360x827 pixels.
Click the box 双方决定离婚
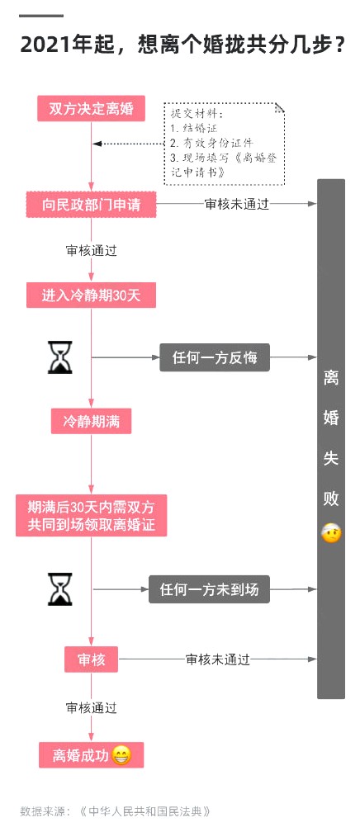[x=91, y=109]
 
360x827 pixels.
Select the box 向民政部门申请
[x=92, y=205]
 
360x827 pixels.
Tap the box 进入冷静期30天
[x=92, y=295]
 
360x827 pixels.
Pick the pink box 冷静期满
[x=92, y=422]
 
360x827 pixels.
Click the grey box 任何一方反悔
[x=215, y=357]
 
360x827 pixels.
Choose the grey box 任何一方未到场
[x=209, y=589]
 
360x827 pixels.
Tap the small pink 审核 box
[x=92, y=659]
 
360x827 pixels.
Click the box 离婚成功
[x=92, y=755]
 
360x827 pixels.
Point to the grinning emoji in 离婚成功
[x=121, y=755]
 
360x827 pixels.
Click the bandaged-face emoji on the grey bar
[x=331, y=534]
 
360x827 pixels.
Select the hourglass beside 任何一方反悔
[x=60, y=357]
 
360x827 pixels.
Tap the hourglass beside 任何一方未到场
[x=60, y=589]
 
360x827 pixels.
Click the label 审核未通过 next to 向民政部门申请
[x=236, y=204]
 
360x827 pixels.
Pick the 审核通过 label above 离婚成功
[x=92, y=707]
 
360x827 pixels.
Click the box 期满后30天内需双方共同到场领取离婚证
[x=92, y=515]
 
